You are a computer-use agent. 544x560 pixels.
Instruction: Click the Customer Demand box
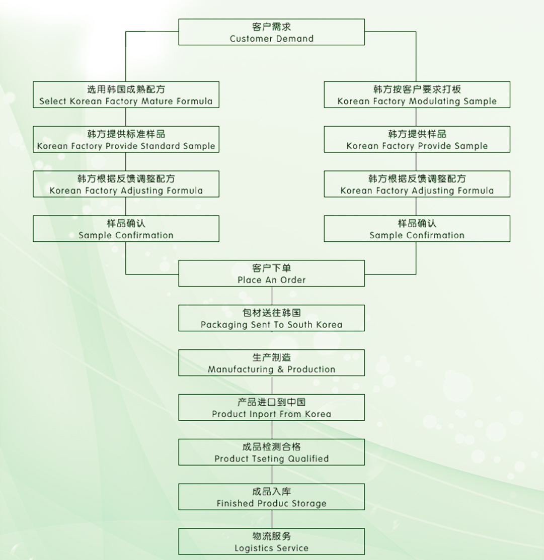[271, 32]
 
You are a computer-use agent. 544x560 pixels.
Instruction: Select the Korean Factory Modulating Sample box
[417, 95]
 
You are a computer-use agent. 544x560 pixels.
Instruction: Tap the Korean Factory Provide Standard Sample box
[126, 139]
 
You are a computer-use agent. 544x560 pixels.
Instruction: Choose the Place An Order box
[271, 273]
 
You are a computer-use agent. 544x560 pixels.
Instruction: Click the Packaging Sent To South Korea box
[271, 318]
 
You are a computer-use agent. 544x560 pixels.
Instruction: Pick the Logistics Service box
[271, 541]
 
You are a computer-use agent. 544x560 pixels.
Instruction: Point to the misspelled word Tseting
[254, 459]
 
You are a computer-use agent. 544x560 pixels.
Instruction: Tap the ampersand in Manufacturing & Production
[280, 369]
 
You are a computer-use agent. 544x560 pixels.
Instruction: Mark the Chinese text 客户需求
[272, 27]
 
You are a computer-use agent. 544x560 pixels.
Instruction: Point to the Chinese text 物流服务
[272, 536]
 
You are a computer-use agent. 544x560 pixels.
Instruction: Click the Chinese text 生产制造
[272, 357]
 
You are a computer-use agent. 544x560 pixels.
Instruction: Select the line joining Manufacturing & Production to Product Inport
[272, 385]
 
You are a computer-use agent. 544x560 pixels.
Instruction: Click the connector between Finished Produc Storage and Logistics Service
[272, 519]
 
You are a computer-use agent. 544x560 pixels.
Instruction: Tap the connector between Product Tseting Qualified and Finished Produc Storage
[272, 475]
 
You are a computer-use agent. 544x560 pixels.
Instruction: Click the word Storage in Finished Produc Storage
[308, 504]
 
